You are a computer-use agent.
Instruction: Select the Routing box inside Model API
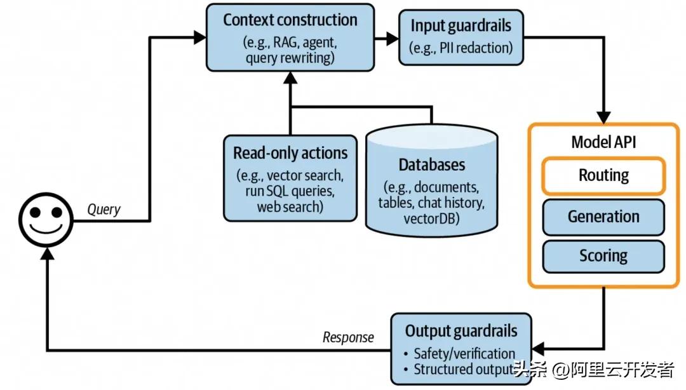click(x=603, y=175)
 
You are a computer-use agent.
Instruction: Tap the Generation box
click(x=603, y=217)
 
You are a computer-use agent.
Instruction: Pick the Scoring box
click(x=603, y=256)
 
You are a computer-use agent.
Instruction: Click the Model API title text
click(x=603, y=141)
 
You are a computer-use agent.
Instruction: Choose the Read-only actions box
click(x=290, y=178)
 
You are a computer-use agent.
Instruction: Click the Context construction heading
click(x=290, y=20)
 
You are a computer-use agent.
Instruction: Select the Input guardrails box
click(x=461, y=37)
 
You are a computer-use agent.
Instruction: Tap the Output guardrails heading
click(x=461, y=331)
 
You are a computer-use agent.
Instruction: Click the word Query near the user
click(x=103, y=209)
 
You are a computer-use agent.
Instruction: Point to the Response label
click(x=348, y=337)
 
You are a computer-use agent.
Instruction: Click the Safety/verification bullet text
click(x=464, y=353)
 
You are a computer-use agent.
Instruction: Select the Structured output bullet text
click(x=462, y=369)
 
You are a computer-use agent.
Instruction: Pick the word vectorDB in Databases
click(x=432, y=218)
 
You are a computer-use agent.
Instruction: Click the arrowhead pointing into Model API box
click(x=603, y=117)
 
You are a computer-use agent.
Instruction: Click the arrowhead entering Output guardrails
click(x=539, y=347)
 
